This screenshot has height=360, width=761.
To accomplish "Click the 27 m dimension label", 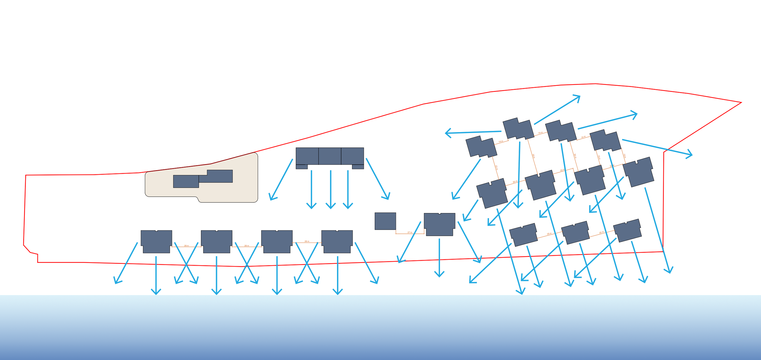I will (410, 232).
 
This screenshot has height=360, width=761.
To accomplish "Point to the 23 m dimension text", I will (496, 168).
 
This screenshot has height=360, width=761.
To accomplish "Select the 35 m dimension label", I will (533, 156).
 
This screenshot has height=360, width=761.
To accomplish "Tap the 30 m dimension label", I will (575, 156).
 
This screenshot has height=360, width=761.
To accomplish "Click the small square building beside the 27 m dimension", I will (385, 221).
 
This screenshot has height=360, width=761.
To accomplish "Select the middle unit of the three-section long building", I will (330, 156).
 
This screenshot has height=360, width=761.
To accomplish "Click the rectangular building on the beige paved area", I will (186, 181).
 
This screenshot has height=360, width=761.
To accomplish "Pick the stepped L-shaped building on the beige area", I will (218, 177).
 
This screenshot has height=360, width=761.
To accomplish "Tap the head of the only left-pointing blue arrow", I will (446, 133).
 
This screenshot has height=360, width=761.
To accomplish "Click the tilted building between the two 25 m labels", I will (575, 232).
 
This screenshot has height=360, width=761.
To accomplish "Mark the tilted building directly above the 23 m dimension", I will (481, 147).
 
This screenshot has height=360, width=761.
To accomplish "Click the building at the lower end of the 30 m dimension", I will (589, 180).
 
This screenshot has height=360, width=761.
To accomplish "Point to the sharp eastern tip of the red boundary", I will (741, 103).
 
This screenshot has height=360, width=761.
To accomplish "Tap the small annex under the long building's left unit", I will (301, 167).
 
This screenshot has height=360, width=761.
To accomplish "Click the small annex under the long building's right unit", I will (358, 167).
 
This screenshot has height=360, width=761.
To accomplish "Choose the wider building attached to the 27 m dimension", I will (439, 224).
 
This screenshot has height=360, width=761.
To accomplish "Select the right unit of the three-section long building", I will (352, 156).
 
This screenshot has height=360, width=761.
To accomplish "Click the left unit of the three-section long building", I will (307, 156).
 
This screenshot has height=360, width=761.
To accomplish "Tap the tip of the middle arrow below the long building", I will (331, 208).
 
